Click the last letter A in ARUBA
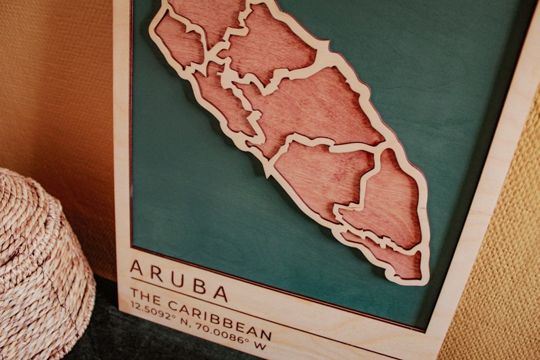point(220,293)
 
